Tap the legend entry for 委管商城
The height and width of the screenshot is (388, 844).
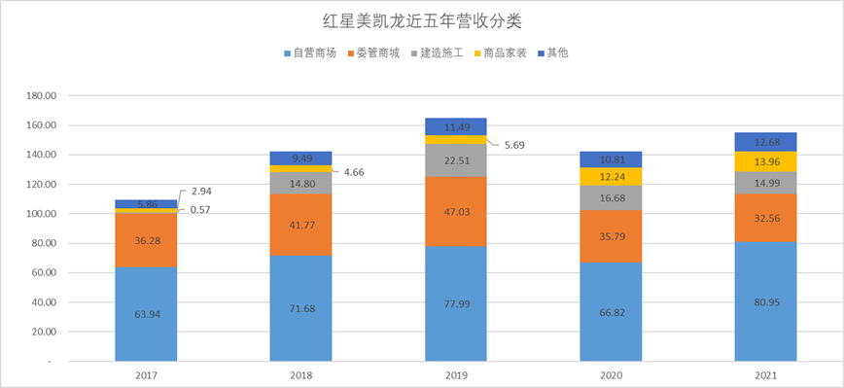[374, 53]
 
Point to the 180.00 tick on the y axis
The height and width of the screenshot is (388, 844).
[42, 96]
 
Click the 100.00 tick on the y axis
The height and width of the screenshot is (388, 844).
[42, 214]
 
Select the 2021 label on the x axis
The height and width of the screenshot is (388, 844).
[764, 374]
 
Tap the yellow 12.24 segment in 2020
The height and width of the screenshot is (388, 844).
[610, 176]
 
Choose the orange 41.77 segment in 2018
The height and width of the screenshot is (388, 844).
[301, 225]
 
